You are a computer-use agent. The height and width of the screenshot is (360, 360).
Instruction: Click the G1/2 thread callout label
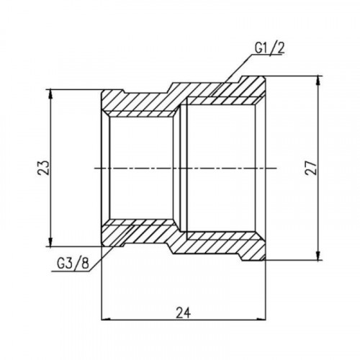pyautogui.click(x=269, y=48)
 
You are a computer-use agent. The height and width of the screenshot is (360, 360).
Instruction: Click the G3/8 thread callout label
pyautogui.click(x=73, y=264)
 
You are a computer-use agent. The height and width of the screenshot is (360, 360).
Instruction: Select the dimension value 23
pyautogui.click(x=43, y=167)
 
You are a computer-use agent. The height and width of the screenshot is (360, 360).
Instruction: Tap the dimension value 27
pyautogui.click(x=311, y=167)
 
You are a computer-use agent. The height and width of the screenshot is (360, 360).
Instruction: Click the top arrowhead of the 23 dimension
pyautogui.click(x=50, y=94)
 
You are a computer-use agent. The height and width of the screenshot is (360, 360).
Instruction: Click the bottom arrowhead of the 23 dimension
pyautogui.click(x=50, y=241)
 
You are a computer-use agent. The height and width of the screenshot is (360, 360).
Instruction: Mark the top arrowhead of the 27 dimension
pyautogui.click(x=318, y=81)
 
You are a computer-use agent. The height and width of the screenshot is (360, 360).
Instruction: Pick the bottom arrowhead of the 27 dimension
pyautogui.click(x=318, y=256)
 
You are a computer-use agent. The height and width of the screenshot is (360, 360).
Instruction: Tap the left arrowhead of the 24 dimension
pyautogui.click(x=106, y=320)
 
